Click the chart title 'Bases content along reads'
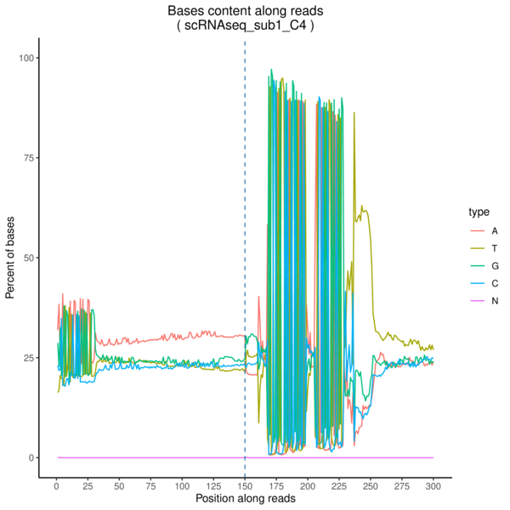(245, 11)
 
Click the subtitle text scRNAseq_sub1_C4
(245, 26)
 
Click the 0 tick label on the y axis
(31, 457)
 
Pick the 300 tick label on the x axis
(433, 486)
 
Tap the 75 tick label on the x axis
(150, 486)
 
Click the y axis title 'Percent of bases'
(10, 258)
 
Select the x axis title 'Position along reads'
(245, 500)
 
